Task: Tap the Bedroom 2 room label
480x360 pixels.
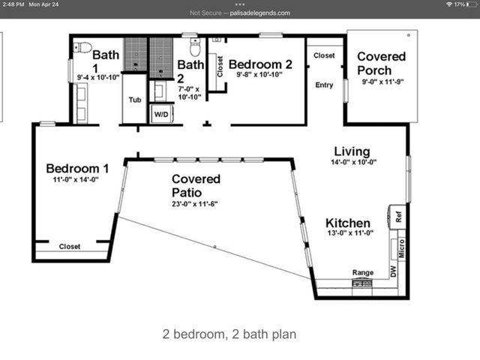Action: [x=259, y=64]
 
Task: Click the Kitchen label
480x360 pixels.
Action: [x=347, y=223]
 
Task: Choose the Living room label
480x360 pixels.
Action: [x=352, y=151]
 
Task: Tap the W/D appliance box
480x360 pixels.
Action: [x=161, y=113]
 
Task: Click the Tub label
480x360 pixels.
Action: [x=135, y=100]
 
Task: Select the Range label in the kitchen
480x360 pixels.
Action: [x=363, y=273]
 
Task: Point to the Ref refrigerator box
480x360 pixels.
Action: [x=398, y=217]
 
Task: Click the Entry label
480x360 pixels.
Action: [x=324, y=85]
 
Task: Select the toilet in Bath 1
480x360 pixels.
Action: [x=84, y=48]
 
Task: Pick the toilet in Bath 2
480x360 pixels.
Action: [x=195, y=48]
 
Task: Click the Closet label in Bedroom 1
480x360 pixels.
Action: [x=70, y=246]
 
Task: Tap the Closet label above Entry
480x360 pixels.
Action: [x=324, y=55]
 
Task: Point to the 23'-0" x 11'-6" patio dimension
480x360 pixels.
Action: [x=196, y=203]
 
